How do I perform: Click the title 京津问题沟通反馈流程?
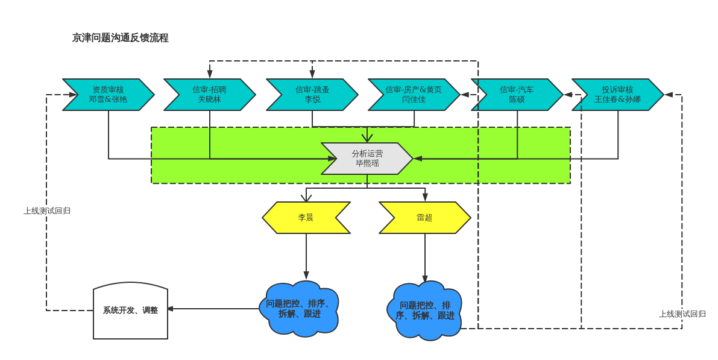[x=120, y=38]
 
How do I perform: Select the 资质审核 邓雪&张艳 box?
[x=108, y=95]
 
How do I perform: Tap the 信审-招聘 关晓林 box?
[x=209, y=95]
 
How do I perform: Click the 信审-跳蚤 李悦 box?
[x=312, y=95]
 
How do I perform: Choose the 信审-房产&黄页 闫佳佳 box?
[x=414, y=95]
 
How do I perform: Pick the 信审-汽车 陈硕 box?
[x=517, y=95]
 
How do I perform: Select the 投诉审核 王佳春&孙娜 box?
[x=617, y=95]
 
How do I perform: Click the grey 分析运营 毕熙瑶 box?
[x=367, y=159]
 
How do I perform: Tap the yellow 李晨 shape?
[x=306, y=218]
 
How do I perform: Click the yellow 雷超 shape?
[x=424, y=218]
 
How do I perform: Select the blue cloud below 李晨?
[x=299, y=309]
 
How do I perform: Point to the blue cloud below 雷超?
[x=424, y=311]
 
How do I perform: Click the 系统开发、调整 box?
[x=130, y=311]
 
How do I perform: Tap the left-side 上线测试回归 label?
[x=47, y=211]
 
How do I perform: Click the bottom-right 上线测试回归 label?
[x=682, y=314]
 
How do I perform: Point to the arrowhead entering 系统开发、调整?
[x=170, y=309]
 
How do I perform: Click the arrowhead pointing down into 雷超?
[x=425, y=197]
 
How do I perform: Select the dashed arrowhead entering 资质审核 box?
[x=73, y=95]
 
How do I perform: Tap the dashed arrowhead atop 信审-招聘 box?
[x=210, y=74]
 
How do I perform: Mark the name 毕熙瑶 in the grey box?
[x=367, y=163]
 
